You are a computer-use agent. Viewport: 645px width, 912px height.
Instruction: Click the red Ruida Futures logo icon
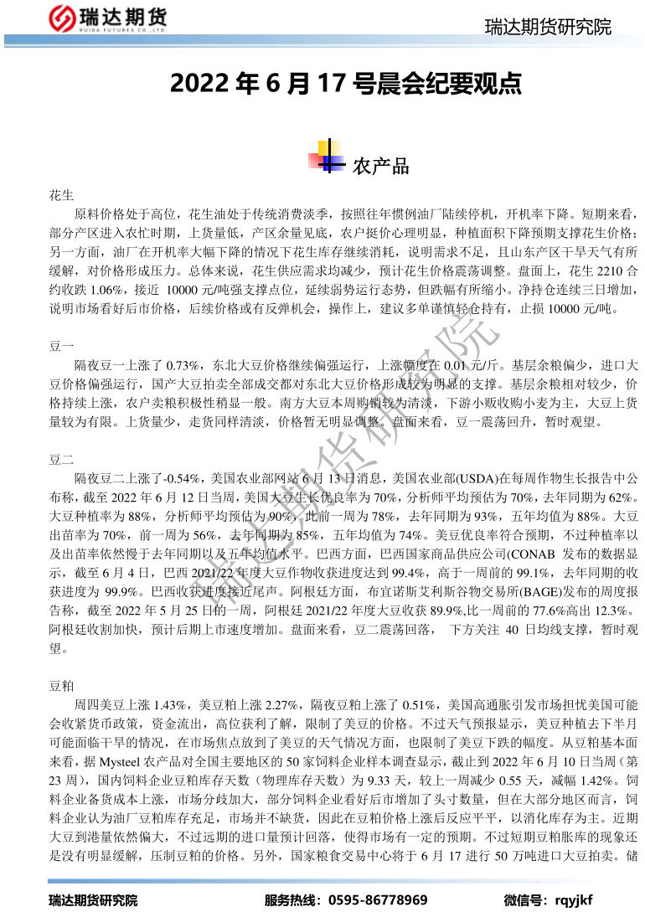coord(59,18)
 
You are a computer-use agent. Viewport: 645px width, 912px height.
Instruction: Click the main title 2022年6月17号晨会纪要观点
coord(346,84)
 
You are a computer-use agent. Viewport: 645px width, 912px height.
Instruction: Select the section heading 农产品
coord(381,166)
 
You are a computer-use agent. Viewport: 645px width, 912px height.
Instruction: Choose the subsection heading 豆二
coord(62,459)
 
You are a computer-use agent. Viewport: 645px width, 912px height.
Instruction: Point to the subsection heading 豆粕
coord(62,686)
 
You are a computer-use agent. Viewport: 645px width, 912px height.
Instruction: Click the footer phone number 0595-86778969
coord(378,900)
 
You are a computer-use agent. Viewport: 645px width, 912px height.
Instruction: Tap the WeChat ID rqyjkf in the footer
coord(572,900)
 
